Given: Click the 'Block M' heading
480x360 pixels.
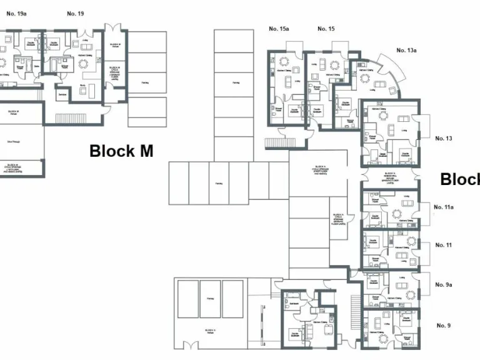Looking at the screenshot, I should coord(121,151).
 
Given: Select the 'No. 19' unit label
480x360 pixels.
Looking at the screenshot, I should coord(76,13).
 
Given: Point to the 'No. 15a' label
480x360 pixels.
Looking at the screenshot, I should coord(279,29).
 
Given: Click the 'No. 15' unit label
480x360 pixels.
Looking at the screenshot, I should coord(326,29).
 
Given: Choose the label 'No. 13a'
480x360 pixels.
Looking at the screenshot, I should coord(406,50).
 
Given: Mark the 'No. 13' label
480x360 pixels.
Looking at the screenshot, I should coord(444,138).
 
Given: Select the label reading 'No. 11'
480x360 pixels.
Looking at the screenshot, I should coord(444,245).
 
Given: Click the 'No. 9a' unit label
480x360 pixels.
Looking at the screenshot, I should coord(444,284).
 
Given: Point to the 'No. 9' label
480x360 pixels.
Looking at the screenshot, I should coord(444,325).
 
